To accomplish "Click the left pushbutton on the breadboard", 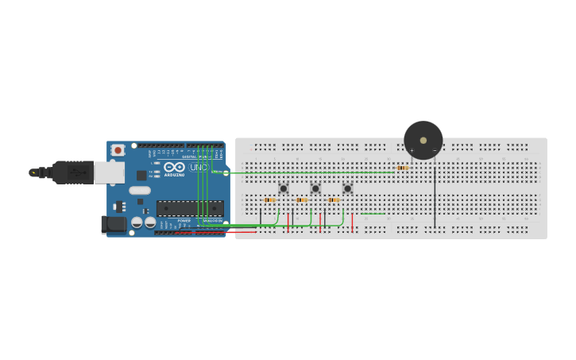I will tap(283, 188).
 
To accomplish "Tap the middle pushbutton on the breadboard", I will tap(315, 188).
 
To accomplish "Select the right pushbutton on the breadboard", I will tap(347, 188).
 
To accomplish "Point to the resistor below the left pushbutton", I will tap(270, 199).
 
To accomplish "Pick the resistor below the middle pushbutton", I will tap(302, 199).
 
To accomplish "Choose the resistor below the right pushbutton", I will tap(334, 199).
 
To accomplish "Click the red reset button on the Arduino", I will tap(118, 149).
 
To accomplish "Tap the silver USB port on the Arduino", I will tap(109, 172).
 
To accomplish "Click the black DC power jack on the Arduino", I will tap(114, 225).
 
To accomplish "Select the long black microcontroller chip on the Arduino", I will tap(189, 208).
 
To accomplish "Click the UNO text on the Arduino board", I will tap(199, 168).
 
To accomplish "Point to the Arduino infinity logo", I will tap(175, 167).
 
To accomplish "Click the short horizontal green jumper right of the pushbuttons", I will tap(373, 213).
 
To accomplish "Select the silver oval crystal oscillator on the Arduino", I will tap(140, 190).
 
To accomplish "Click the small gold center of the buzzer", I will tap(423, 141).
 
